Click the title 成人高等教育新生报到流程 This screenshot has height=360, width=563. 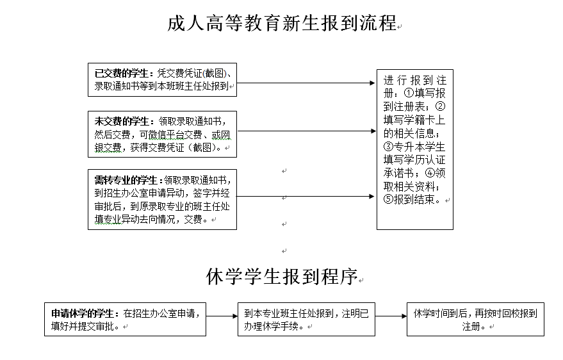point(282,23)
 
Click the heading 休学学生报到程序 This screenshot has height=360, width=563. point(282,277)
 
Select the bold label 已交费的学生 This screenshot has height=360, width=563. point(121,73)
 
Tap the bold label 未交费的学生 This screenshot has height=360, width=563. point(121,121)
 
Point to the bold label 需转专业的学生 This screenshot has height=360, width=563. point(126,180)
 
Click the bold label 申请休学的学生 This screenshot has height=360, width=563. point(83,313)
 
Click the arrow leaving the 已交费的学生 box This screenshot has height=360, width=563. point(306,83)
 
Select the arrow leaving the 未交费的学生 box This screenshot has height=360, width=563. point(307,131)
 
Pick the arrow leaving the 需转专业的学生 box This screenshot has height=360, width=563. point(305,196)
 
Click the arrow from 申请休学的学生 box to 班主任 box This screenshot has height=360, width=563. point(222,316)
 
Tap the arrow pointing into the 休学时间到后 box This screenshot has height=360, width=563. point(391,316)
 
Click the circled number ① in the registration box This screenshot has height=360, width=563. point(409,93)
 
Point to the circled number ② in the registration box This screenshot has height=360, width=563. point(440,106)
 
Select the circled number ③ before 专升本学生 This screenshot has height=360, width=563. point(389,147)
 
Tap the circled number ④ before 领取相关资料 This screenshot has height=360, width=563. point(430,173)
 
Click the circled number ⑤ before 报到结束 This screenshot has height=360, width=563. point(389,199)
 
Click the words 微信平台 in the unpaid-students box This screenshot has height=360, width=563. point(167,135)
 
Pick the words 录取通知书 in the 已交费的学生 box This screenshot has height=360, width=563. point(117,86)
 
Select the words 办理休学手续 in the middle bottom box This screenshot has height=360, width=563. point(271,326)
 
